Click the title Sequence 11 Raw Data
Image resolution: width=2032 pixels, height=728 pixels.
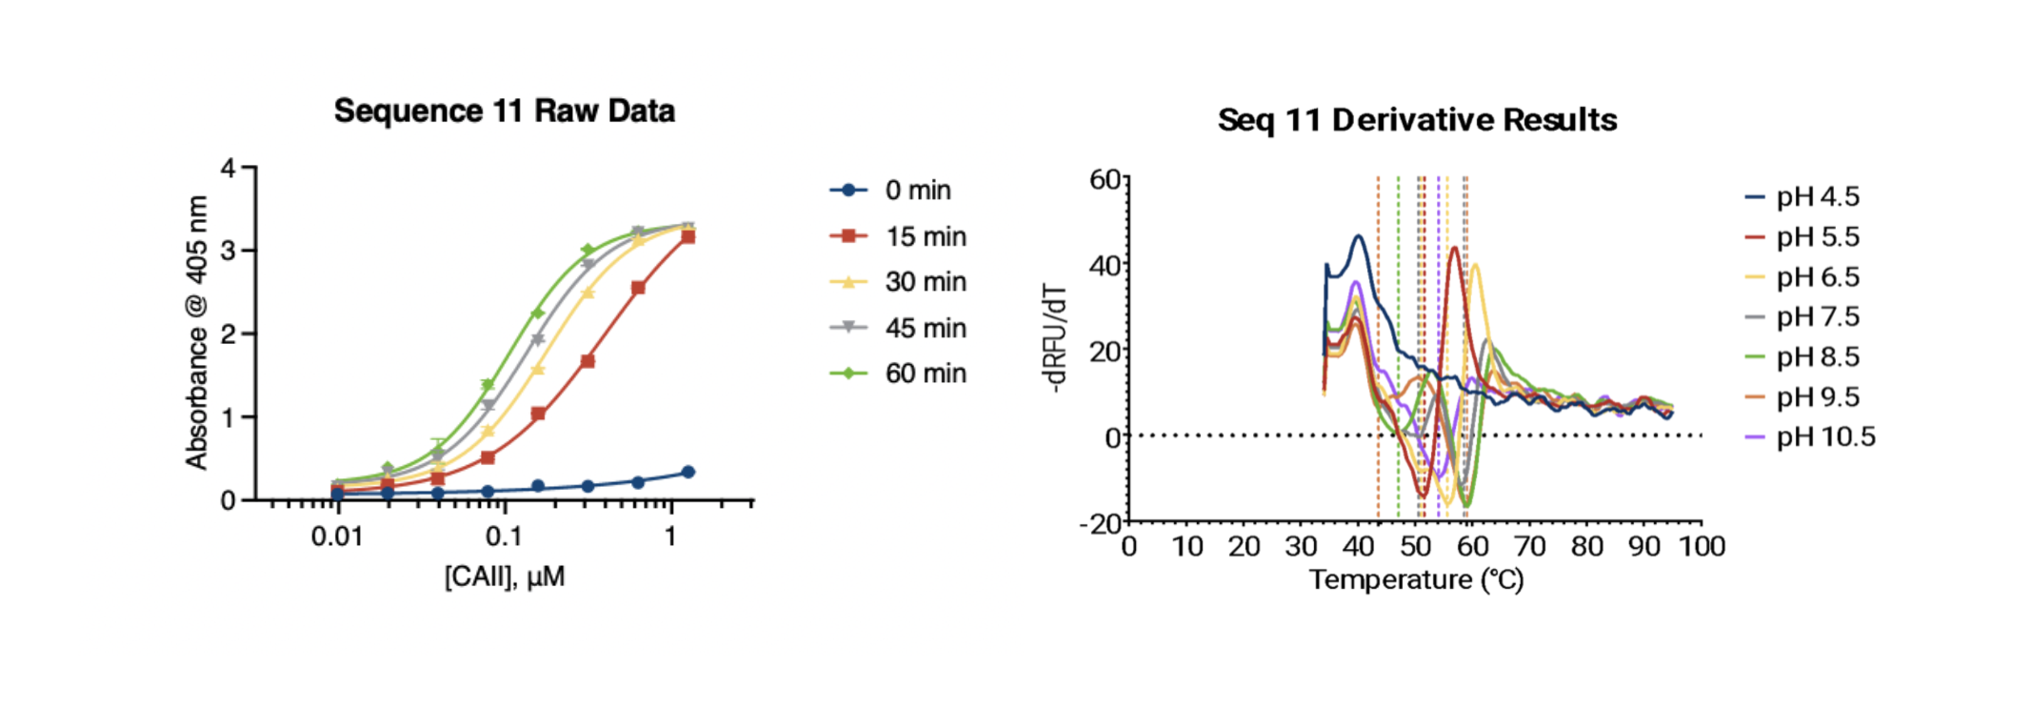coord(504,111)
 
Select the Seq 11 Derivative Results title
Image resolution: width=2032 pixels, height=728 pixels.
coord(1417,120)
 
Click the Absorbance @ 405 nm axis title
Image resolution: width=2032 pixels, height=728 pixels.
coord(196,333)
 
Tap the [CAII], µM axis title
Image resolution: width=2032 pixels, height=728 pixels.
coord(504,576)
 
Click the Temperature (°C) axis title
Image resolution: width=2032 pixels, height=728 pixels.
coord(1416,579)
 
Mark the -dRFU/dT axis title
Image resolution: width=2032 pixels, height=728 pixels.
coord(1055,338)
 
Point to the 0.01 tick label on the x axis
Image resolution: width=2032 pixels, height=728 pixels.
coord(337,536)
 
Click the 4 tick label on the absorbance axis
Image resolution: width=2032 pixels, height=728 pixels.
coord(228,169)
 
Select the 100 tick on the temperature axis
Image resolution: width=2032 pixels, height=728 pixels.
coord(1702,546)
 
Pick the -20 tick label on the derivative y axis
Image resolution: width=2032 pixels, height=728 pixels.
coord(1100,524)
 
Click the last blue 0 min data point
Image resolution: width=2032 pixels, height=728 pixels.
coord(688,472)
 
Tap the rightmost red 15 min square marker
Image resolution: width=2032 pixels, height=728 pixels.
coord(687,236)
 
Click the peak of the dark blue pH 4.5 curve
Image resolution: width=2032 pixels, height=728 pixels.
coord(1359,236)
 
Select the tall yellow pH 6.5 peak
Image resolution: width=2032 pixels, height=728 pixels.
coord(1475,266)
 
